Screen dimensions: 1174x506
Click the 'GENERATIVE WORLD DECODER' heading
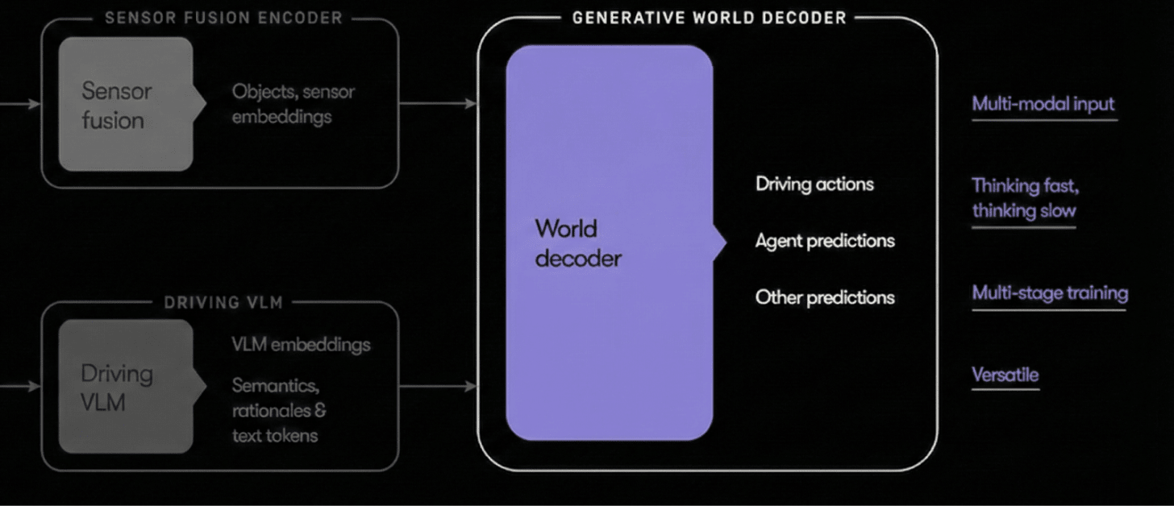click(709, 18)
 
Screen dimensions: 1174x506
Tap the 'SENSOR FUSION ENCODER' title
click(223, 18)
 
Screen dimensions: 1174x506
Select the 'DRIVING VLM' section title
click(223, 303)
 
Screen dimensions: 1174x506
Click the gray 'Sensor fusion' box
click(126, 105)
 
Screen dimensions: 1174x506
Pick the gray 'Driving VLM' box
click(126, 387)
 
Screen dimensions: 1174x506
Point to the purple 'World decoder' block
click(609, 243)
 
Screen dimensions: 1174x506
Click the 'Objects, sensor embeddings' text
click(293, 104)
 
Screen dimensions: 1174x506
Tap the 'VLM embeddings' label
click(301, 344)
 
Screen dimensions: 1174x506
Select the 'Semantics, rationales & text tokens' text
click(279, 410)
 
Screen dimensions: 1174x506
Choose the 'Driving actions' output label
click(814, 184)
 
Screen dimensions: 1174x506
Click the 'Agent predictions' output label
click(825, 240)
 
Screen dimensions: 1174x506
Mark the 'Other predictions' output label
click(825, 297)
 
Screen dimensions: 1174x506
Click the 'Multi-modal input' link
click(1043, 104)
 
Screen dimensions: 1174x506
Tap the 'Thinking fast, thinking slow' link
click(1024, 198)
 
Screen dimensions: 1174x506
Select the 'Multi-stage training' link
click(1049, 293)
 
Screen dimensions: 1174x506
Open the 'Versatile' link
click(1005, 375)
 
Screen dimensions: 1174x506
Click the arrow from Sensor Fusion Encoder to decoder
click(438, 103)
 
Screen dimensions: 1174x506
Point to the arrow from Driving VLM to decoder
click(438, 386)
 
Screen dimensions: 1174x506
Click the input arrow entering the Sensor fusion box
click(20, 103)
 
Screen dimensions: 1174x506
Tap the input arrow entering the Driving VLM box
click(20, 386)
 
